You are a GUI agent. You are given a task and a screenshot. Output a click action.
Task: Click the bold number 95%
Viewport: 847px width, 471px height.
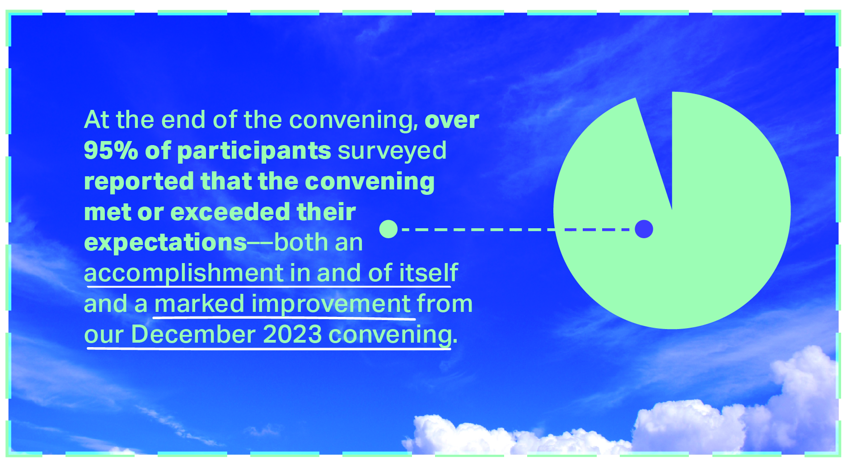tap(111, 150)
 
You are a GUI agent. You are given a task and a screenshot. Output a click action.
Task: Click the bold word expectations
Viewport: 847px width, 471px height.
tap(165, 243)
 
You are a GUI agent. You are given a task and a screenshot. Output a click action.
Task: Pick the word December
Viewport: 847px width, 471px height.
tap(193, 334)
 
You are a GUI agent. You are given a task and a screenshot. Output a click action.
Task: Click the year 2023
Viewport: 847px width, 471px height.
tap(292, 334)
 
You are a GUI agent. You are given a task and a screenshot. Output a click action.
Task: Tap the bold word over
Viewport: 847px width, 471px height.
tap(452, 120)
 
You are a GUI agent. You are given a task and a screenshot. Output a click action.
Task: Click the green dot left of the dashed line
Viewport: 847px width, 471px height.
tap(388, 229)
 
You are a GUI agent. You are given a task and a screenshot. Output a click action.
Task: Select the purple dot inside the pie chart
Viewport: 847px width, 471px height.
tap(644, 229)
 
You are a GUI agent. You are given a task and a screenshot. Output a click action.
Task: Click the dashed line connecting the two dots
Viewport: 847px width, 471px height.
tap(516, 230)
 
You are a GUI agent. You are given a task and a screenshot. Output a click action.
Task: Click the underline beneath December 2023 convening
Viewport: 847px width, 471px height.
tap(269, 349)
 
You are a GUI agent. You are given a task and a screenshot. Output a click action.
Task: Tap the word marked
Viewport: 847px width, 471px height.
tap(199, 304)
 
